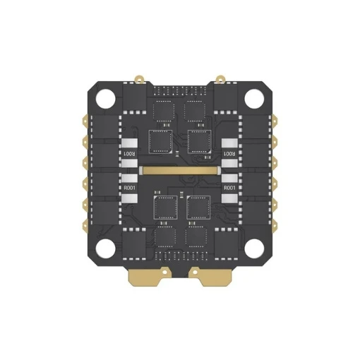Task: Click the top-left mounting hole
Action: [105, 99]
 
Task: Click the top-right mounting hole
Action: [254, 99]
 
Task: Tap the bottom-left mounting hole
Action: [105, 248]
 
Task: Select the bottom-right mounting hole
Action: [254, 248]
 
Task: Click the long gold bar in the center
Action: [180, 171]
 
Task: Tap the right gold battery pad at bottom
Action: [210, 276]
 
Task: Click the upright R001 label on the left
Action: [129, 188]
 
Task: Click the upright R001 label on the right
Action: [229, 188]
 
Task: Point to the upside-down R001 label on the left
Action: [129, 154]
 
